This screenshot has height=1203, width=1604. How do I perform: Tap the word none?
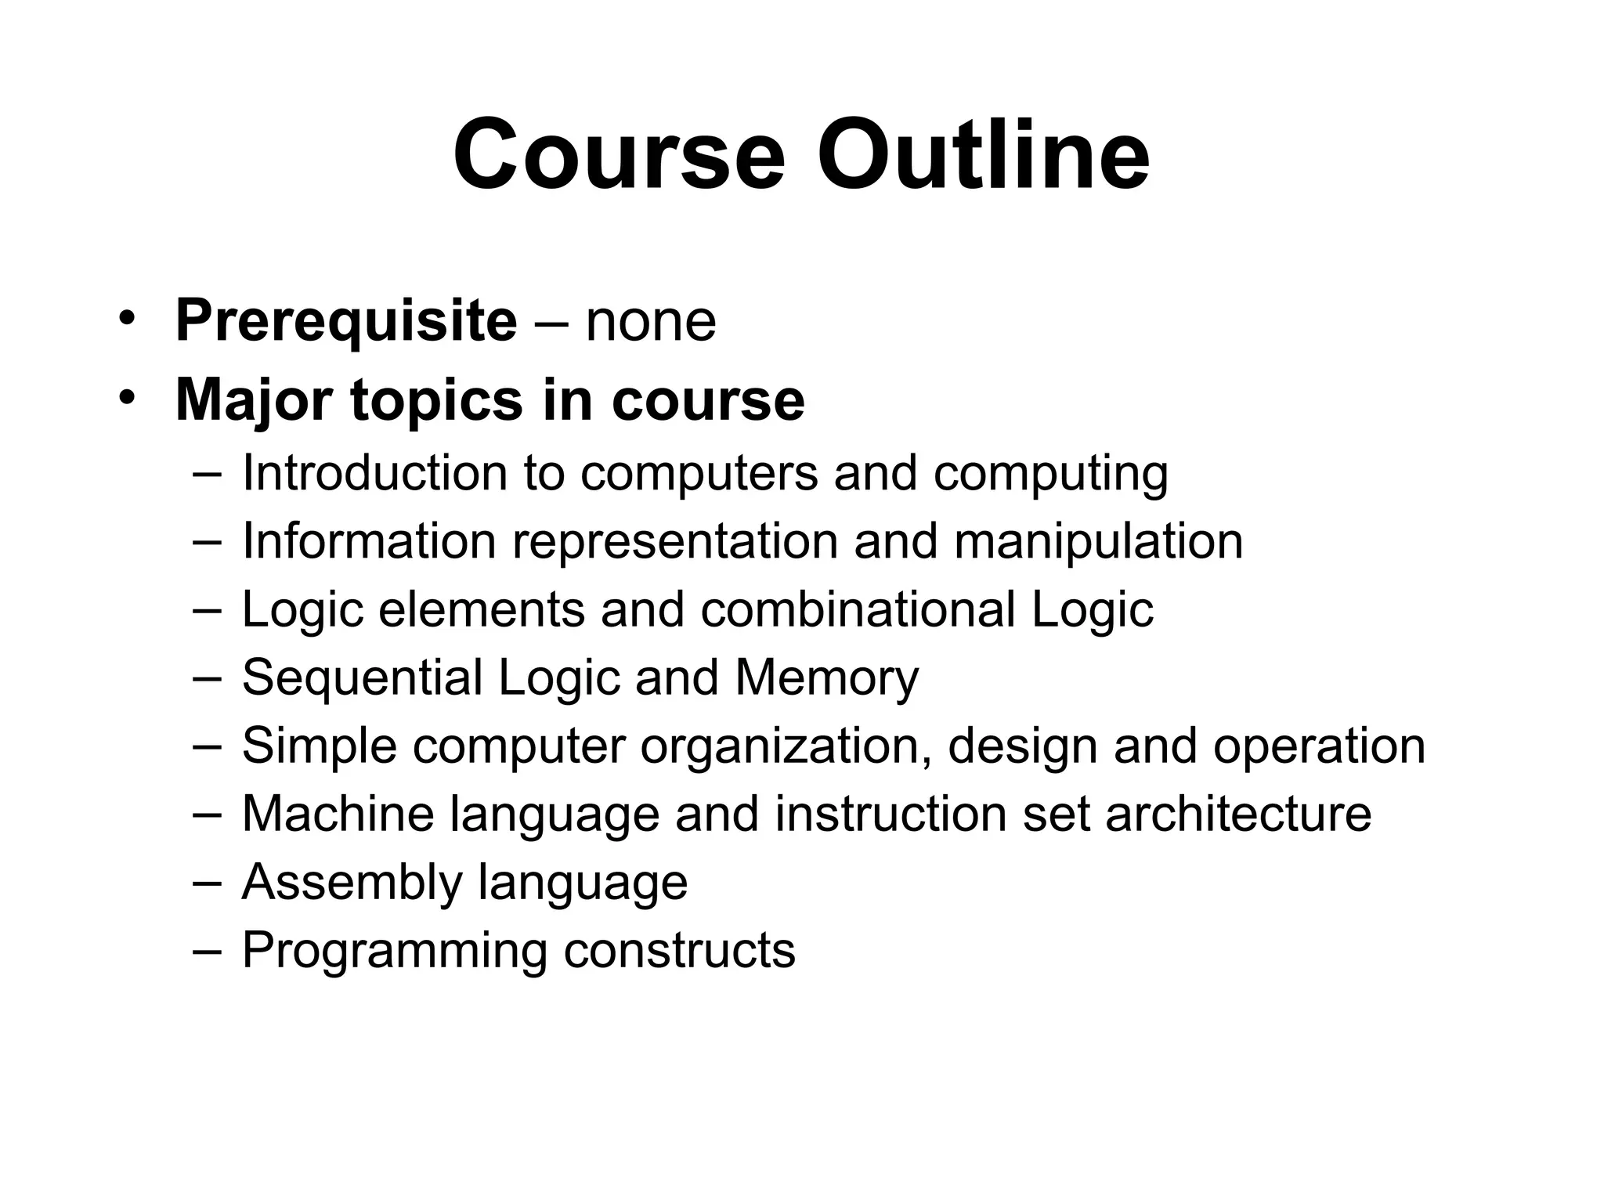(x=650, y=323)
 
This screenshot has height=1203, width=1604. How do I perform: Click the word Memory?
(x=826, y=678)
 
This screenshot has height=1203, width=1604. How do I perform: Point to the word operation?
(x=1319, y=746)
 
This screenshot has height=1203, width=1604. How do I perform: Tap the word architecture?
(x=1238, y=814)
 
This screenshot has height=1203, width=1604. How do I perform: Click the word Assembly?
(x=352, y=883)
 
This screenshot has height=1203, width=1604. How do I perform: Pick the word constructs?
(x=679, y=951)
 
